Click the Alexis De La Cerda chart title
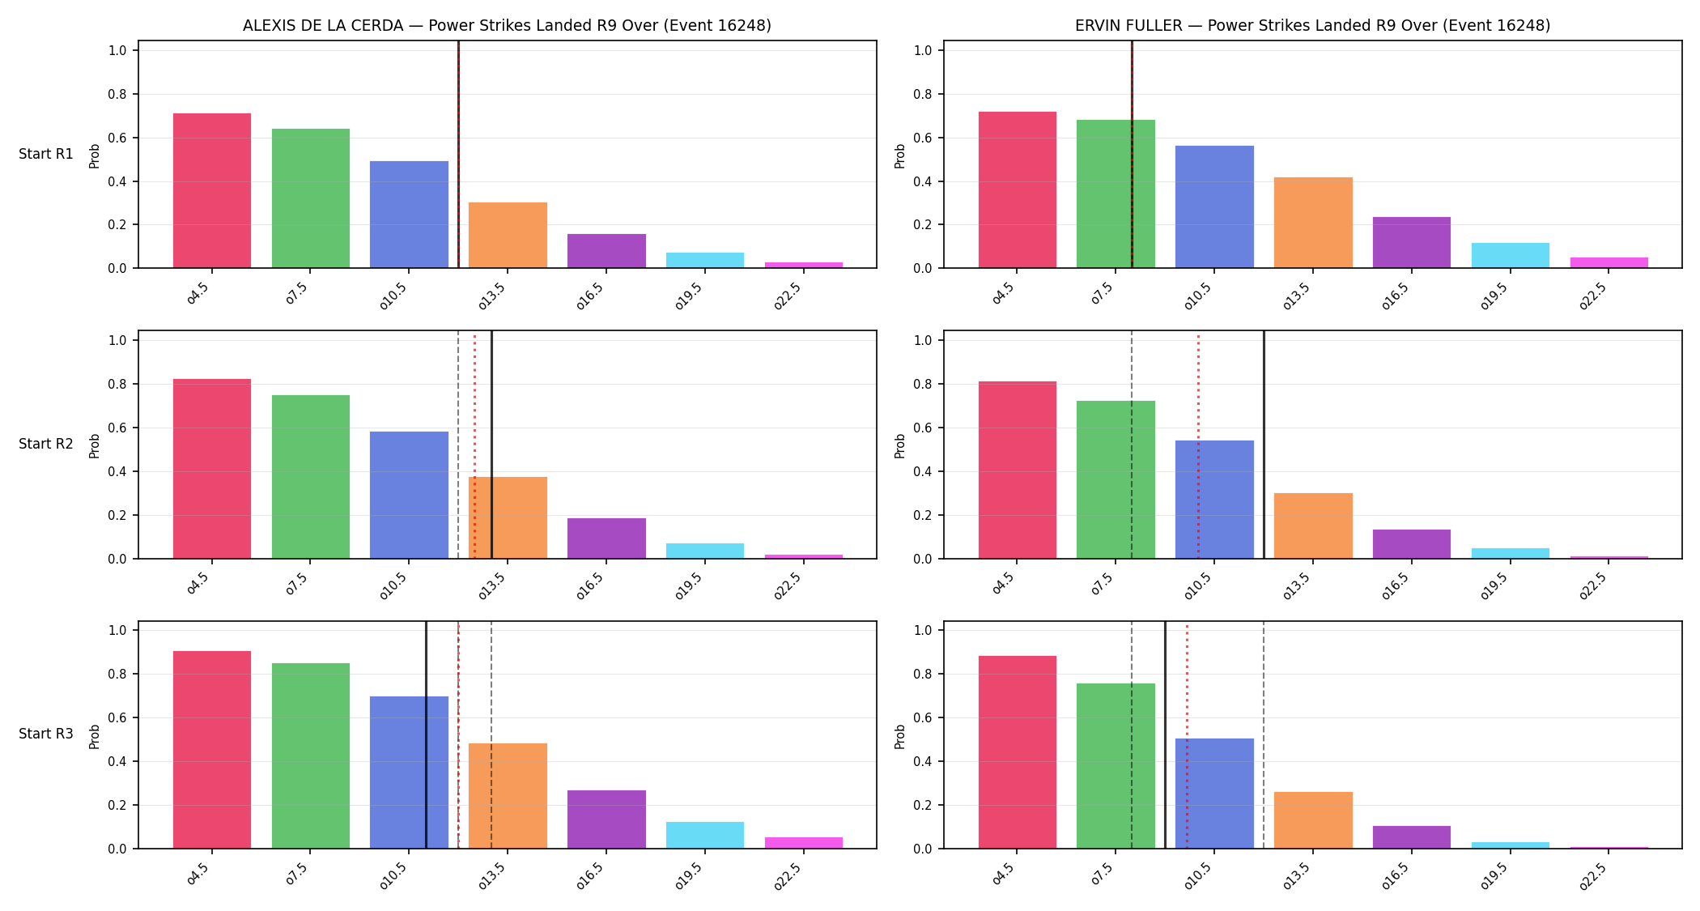tap(507, 25)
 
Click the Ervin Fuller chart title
tap(1312, 25)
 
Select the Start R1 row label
tap(46, 154)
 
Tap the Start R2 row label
tap(46, 444)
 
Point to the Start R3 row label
tap(46, 734)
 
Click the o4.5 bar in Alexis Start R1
tap(212, 190)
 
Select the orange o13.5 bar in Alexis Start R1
tap(508, 235)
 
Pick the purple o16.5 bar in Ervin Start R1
tap(1412, 242)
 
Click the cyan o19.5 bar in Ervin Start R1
tap(1511, 255)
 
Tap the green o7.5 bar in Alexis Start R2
tap(311, 477)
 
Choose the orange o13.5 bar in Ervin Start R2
tap(1313, 526)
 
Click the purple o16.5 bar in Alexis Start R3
tap(606, 819)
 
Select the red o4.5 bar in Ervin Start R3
tap(1018, 752)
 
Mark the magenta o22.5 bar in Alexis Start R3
tap(804, 843)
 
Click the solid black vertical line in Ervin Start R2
tap(1264, 445)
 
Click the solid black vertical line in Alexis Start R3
tap(426, 734)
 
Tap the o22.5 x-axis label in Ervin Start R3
tap(1592, 875)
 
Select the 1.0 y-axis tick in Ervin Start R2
tap(924, 340)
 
